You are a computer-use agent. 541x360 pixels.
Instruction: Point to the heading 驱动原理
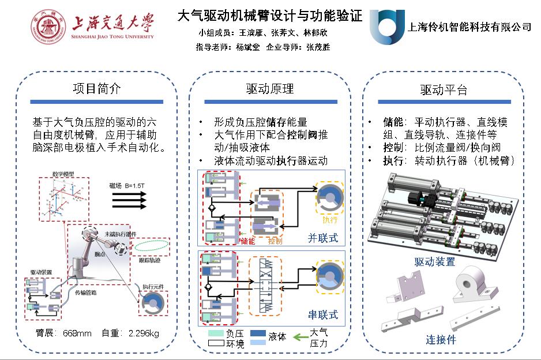(x=270, y=89)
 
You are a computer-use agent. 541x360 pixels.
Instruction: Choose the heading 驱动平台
(x=443, y=90)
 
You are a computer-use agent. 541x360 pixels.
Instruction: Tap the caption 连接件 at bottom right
(x=441, y=339)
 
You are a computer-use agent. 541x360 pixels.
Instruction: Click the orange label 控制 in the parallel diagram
(x=275, y=241)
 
